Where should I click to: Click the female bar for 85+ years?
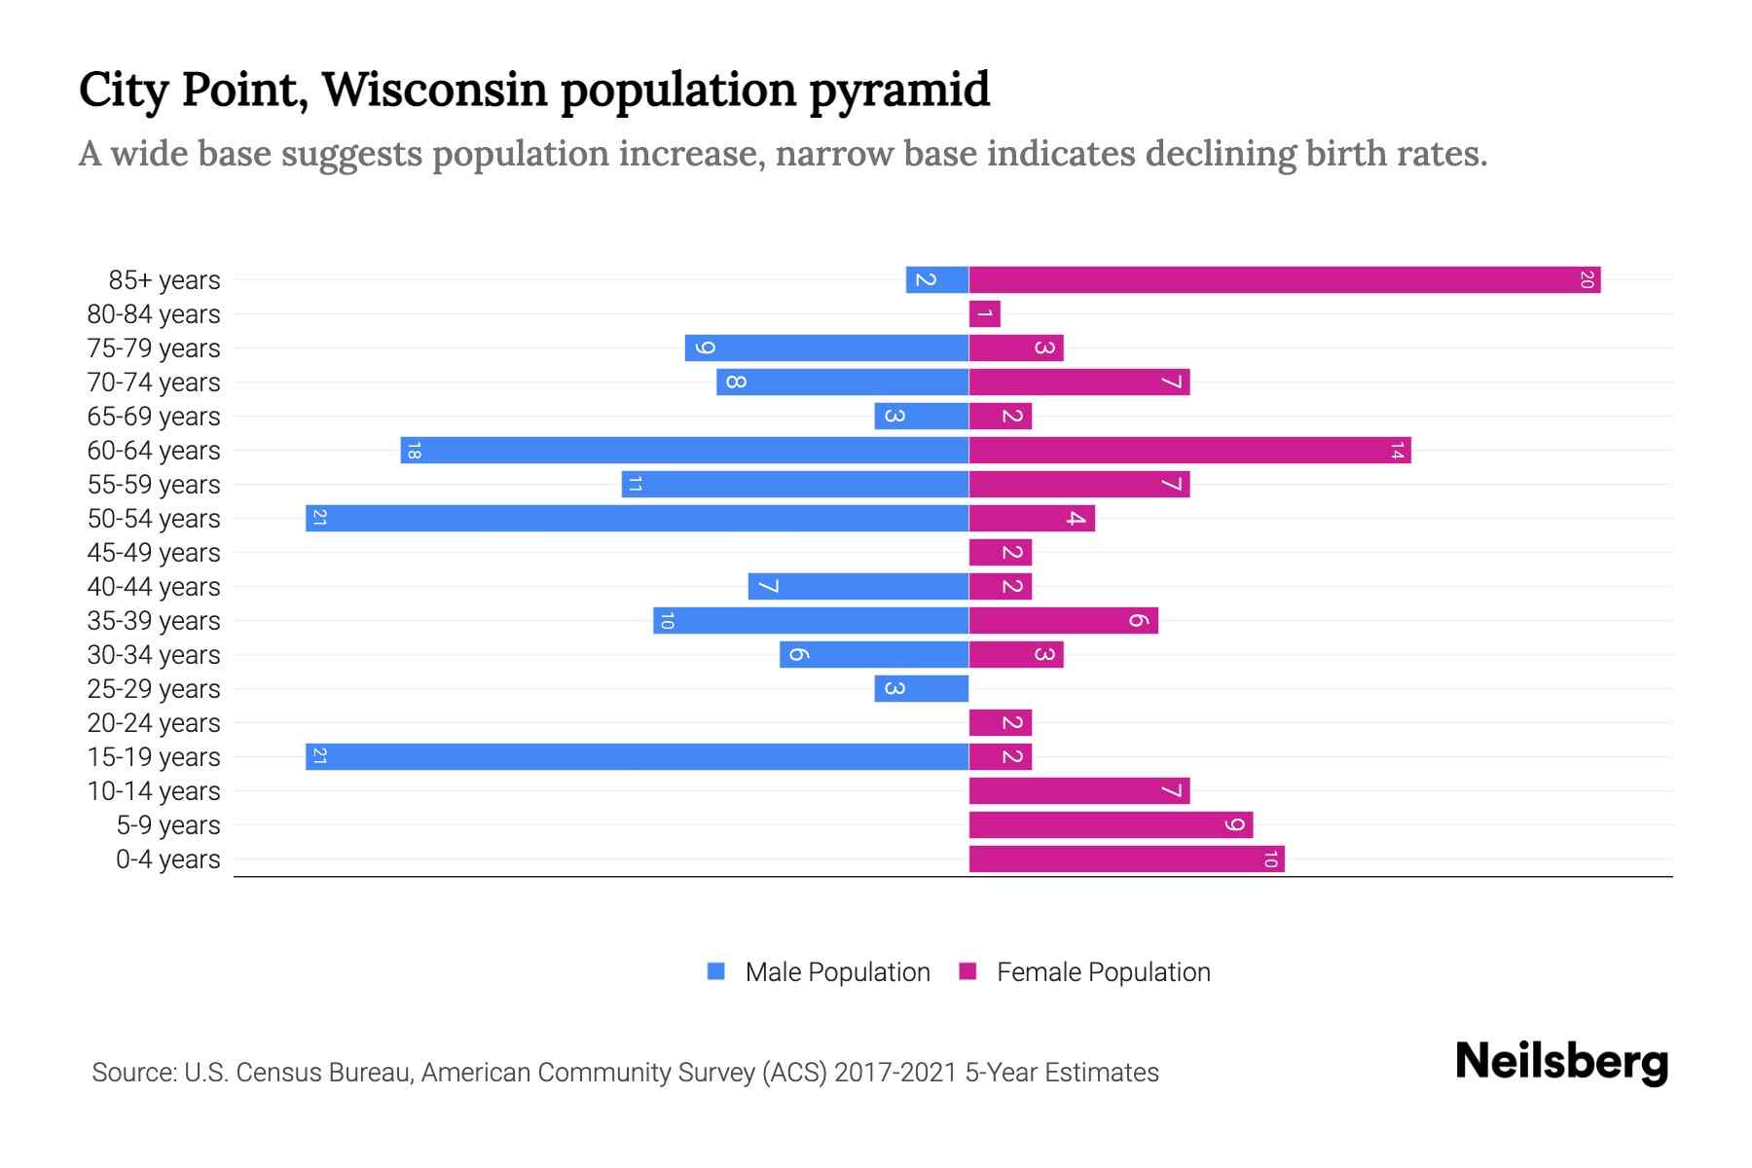pyautogui.click(x=1285, y=280)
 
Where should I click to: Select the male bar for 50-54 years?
pyautogui.click(x=638, y=519)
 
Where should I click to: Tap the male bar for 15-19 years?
pyautogui.click(x=638, y=757)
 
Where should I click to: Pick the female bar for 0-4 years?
pyautogui.click(x=1126, y=859)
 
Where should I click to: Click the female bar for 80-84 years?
pyautogui.click(x=984, y=314)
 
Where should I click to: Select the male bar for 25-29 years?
pyautogui.click(x=921, y=689)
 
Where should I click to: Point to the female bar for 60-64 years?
pyautogui.click(x=1189, y=451)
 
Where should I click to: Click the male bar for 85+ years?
pyautogui.click(x=936, y=280)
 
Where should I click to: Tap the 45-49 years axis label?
pyautogui.click(x=154, y=553)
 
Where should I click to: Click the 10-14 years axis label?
pyautogui.click(x=154, y=791)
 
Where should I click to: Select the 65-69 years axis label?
pyautogui.click(x=154, y=417)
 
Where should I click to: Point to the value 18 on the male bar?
pyautogui.click(x=414, y=451)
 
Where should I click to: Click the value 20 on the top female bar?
pyautogui.click(x=1587, y=280)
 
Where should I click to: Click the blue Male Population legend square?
pyautogui.click(x=716, y=971)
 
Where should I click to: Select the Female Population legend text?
pyautogui.click(x=1103, y=972)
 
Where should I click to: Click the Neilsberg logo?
pyautogui.click(x=1561, y=1062)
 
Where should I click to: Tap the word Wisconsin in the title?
pyautogui.click(x=434, y=90)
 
